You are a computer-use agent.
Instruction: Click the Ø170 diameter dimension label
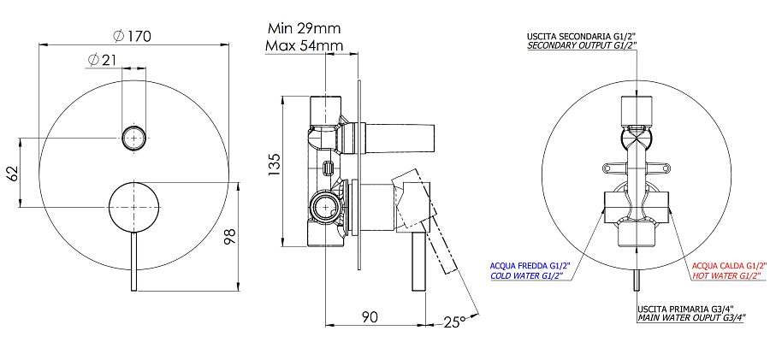tap(132, 36)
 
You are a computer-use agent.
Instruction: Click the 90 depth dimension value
tap(369, 317)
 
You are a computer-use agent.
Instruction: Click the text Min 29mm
tap(305, 28)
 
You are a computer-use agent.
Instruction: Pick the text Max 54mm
tap(305, 45)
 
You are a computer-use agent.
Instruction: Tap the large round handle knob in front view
tap(133, 207)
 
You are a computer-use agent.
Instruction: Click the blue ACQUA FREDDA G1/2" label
tap(529, 265)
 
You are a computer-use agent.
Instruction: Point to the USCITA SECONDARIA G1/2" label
tap(582, 35)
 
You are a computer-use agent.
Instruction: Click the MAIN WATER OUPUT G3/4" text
tap(691, 317)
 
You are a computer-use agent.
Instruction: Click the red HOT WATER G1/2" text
tap(725, 276)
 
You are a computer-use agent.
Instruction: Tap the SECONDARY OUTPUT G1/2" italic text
tap(582, 46)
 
